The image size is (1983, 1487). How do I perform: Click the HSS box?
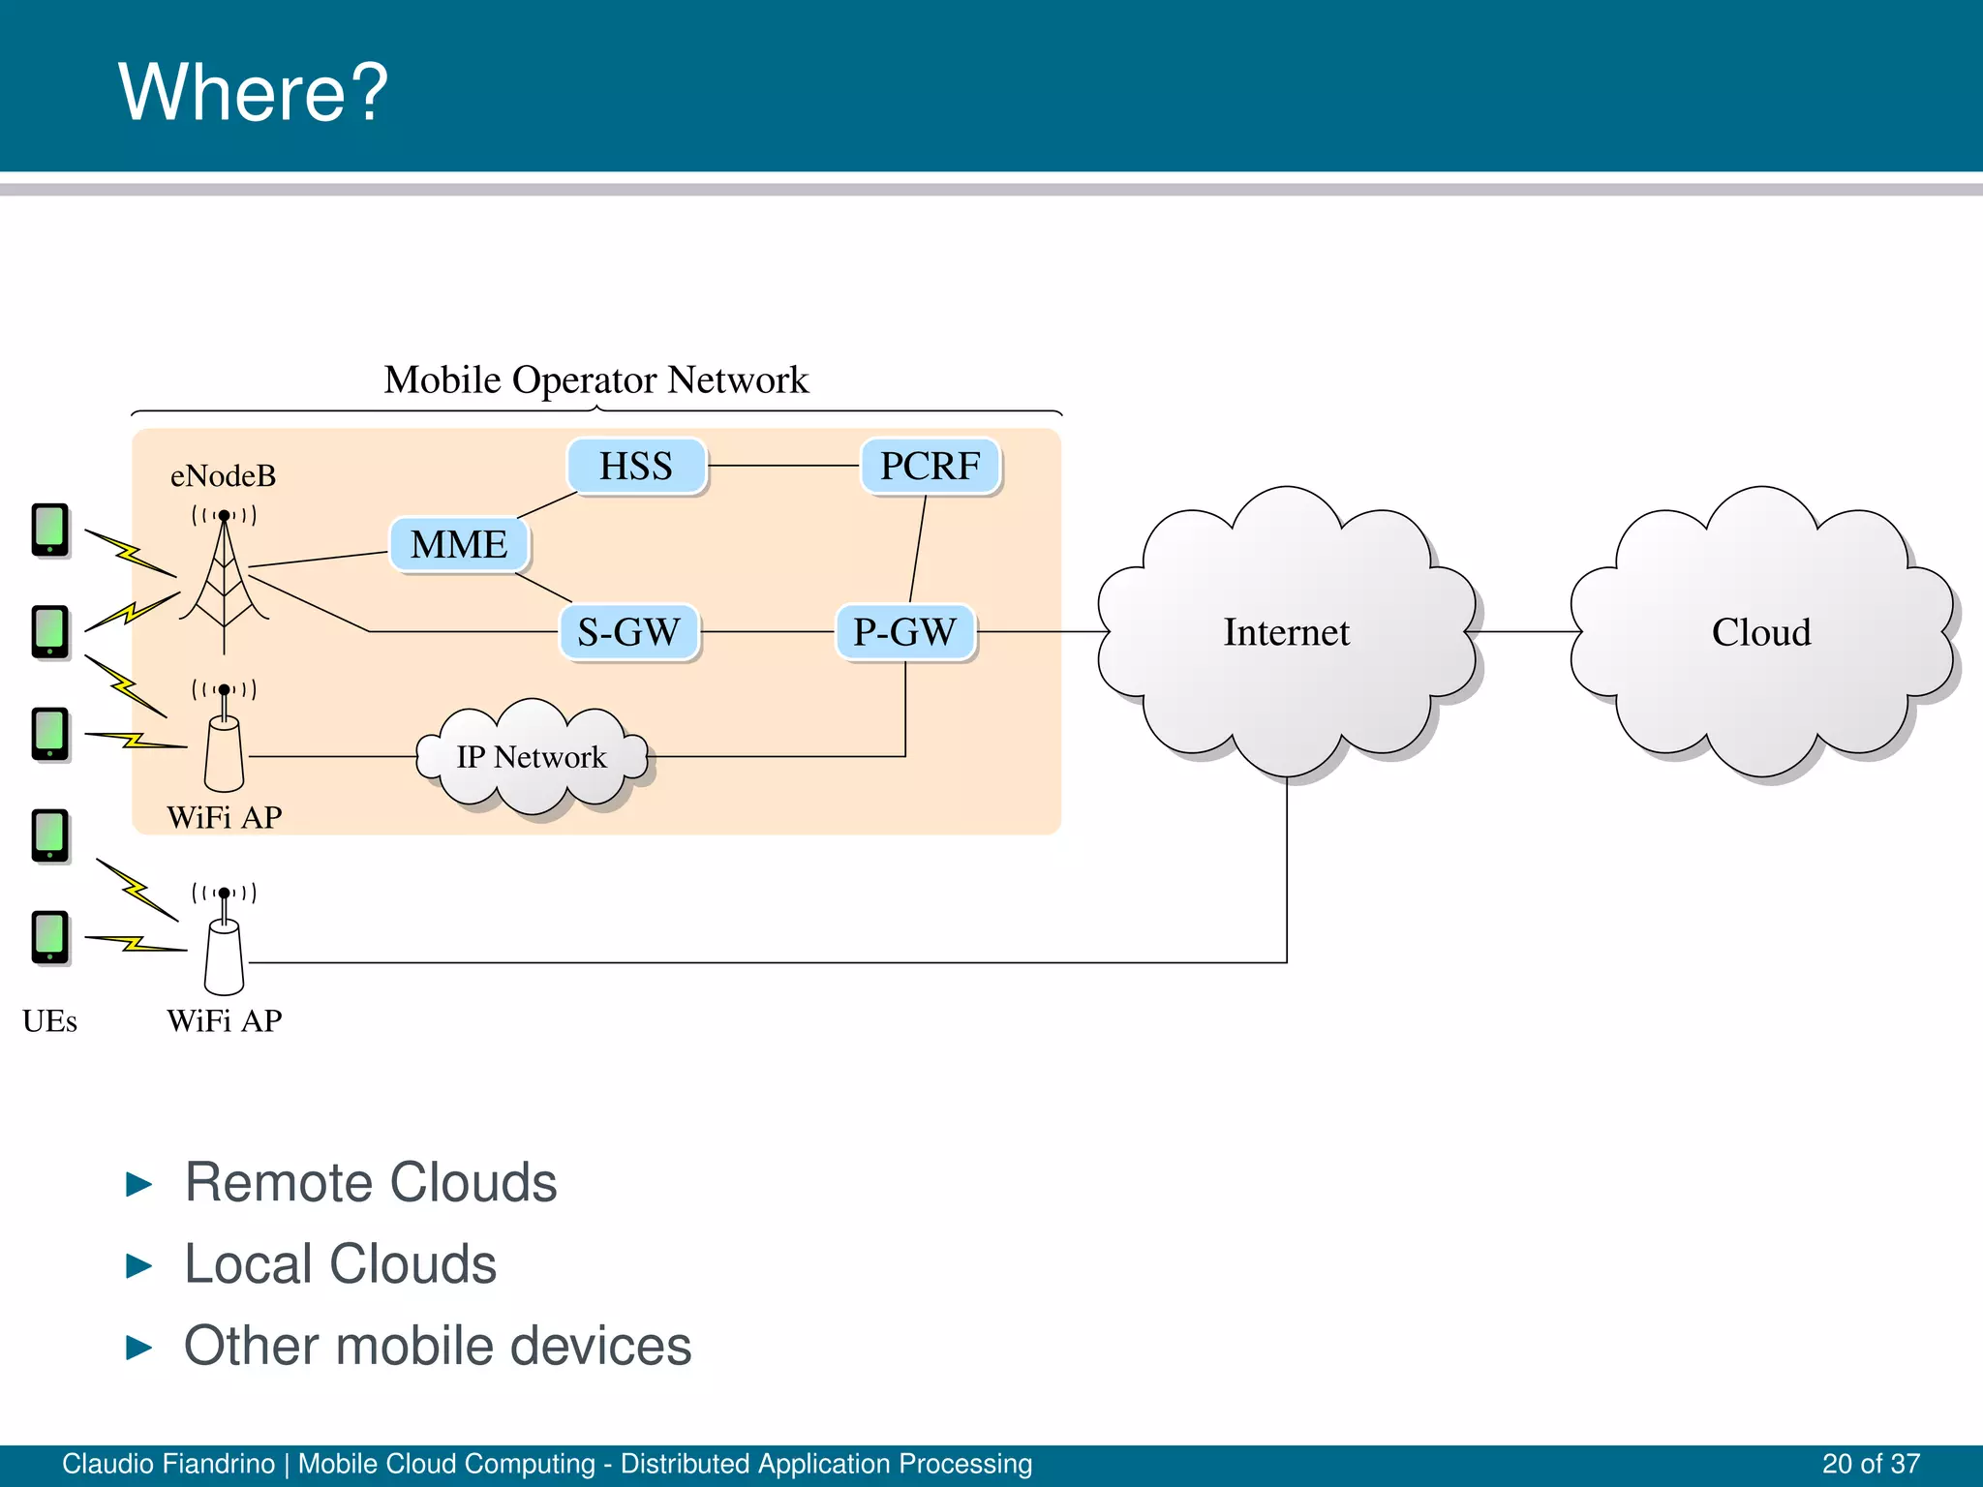(x=636, y=467)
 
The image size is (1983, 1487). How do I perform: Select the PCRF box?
(x=930, y=467)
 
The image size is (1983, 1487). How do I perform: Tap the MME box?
(x=459, y=545)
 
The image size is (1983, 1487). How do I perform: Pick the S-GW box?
(x=629, y=632)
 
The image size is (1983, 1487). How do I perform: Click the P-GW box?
(x=905, y=632)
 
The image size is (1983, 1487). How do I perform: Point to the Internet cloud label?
(x=1286, y=632)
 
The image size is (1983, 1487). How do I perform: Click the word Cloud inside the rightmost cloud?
(x=1760, y=632)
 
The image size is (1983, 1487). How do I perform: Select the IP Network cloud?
(x=532, y=757)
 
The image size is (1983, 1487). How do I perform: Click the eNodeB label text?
(x=224, y=476)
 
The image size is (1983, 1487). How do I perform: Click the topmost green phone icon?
(x=50, y=530)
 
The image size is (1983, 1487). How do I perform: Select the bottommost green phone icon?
(x=50, y=937)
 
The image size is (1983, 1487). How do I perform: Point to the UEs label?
(x=49, y=1021)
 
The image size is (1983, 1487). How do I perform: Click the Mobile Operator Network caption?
(x=596, y=379)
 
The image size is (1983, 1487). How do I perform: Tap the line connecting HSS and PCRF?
(x=784, y=467)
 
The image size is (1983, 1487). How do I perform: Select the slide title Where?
(x=253, y=92)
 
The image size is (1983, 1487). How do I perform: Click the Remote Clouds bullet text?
(x=371, y=1182)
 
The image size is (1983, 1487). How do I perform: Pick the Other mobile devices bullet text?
(x=438, y=1346)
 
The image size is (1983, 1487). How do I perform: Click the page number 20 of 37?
(x=1871, y=1464)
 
